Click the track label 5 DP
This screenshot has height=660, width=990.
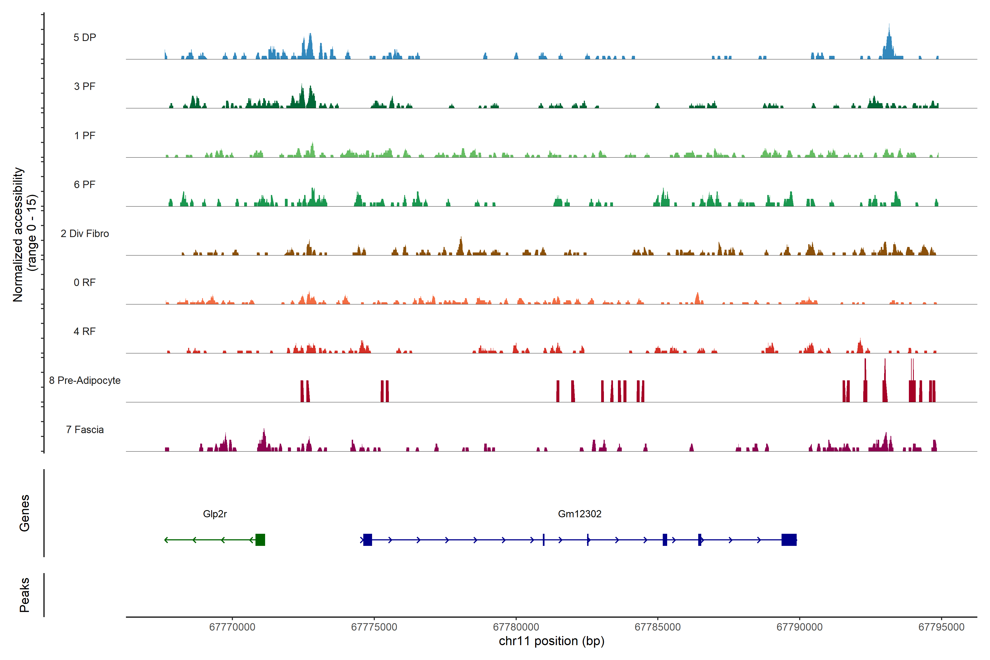(85, 37)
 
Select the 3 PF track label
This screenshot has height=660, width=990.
(85, 86)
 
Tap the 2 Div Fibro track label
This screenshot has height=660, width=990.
(85, 233)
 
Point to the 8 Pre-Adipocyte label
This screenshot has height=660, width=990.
(85, 381)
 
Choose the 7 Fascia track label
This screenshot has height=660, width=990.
(85, 430)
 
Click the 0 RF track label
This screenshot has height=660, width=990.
(85, 282)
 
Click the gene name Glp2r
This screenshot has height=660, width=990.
(215, 514)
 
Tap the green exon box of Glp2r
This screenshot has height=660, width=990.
(260, 540)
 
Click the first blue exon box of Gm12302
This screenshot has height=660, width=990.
(367, 540)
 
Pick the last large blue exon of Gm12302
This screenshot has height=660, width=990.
(789, 540)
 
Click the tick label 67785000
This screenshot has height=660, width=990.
(658, 627)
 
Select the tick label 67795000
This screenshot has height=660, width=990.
(941, 627)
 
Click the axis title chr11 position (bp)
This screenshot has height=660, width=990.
(551, 641)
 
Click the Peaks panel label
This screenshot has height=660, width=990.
(24, 595)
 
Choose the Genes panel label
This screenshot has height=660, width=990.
(24, 513)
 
